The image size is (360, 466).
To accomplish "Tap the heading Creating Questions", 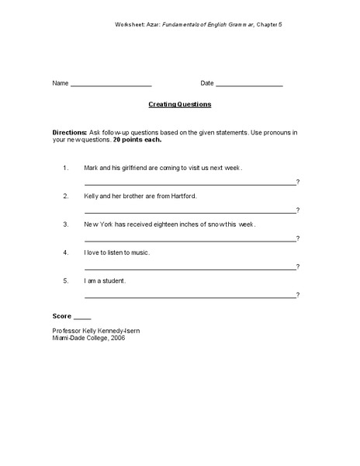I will [180, 103].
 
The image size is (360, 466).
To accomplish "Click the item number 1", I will [66, 168].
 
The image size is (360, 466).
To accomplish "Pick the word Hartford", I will [182, 196].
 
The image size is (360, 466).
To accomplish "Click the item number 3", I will [66, 224].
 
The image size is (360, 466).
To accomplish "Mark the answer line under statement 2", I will [190, 212].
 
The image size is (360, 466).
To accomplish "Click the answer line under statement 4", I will [190, 268].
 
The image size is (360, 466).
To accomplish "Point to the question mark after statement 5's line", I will [298, 295].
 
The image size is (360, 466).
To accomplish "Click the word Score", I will [61, 317].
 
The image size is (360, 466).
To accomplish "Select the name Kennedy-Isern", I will [123, 330].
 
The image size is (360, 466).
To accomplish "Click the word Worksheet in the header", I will [130, 25].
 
